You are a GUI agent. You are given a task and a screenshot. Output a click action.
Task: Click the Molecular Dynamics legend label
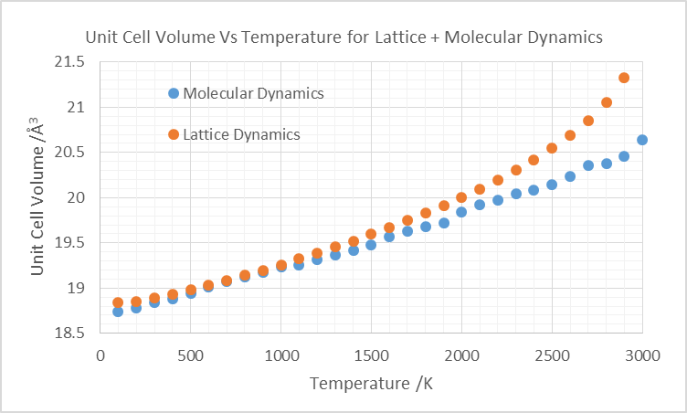[253, 93]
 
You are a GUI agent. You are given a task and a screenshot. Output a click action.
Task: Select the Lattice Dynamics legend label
[241, 134]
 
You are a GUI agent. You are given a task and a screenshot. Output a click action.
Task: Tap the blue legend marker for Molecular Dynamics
[173, 93]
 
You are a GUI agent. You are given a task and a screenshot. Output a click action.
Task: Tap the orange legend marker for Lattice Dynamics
[173, 134]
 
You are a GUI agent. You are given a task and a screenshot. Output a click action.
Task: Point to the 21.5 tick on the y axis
[69, 63]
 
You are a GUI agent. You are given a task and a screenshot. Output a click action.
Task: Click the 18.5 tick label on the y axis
[69, 334]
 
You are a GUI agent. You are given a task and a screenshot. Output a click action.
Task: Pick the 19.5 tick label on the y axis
[69, 243]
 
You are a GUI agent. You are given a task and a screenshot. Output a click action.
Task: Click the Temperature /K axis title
[371, 383]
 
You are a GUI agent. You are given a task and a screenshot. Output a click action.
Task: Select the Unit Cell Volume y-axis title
[37, 196]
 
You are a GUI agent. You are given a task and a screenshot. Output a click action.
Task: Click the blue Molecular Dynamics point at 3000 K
[642, 140]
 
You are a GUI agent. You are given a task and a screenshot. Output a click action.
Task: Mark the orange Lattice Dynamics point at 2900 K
[624, 78]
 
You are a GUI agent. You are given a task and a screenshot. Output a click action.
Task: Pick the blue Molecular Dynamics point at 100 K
[118, 312]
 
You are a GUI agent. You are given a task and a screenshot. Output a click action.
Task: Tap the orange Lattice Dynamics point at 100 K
[118, 302]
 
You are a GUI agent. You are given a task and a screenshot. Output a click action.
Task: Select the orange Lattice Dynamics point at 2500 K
[552, 148]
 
